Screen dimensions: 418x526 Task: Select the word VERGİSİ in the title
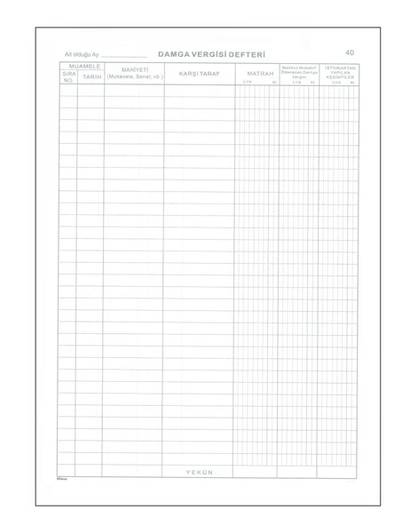212,55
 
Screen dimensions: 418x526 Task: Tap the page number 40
350,53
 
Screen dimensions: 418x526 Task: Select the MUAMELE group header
82,67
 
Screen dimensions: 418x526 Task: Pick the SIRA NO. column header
68,77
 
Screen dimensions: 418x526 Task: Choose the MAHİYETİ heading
134,70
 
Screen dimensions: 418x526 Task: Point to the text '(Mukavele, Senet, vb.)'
134,77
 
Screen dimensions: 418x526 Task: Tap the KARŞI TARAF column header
199,74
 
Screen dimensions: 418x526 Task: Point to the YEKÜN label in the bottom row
199,472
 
